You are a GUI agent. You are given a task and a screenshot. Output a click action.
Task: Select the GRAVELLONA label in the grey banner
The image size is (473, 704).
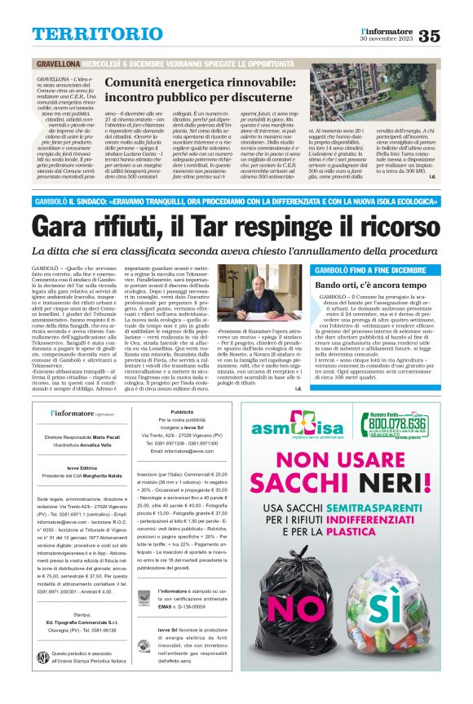pyautogui.click(x=56, y=64)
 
